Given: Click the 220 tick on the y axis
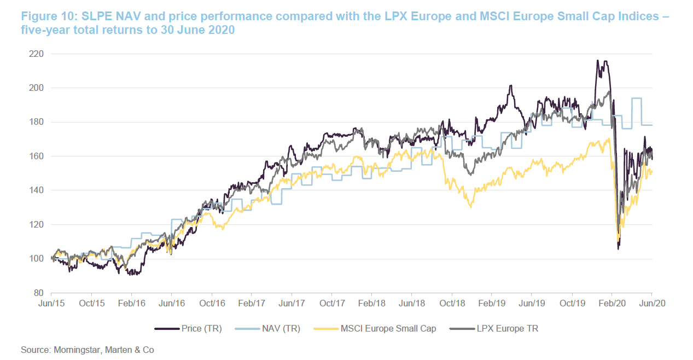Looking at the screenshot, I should (x=37, y=54).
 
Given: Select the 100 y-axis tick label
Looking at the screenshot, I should (x=37, y=259).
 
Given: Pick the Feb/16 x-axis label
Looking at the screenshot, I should (x=132, y=303).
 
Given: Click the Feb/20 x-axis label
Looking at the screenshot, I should (x=612, y=303).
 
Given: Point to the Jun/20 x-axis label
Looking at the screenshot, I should (x=651, y=303).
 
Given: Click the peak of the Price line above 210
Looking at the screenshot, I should (x=598, y=61).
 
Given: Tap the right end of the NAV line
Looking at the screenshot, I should (x=652, y=125).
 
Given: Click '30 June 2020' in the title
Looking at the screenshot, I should (x=200, y=30).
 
